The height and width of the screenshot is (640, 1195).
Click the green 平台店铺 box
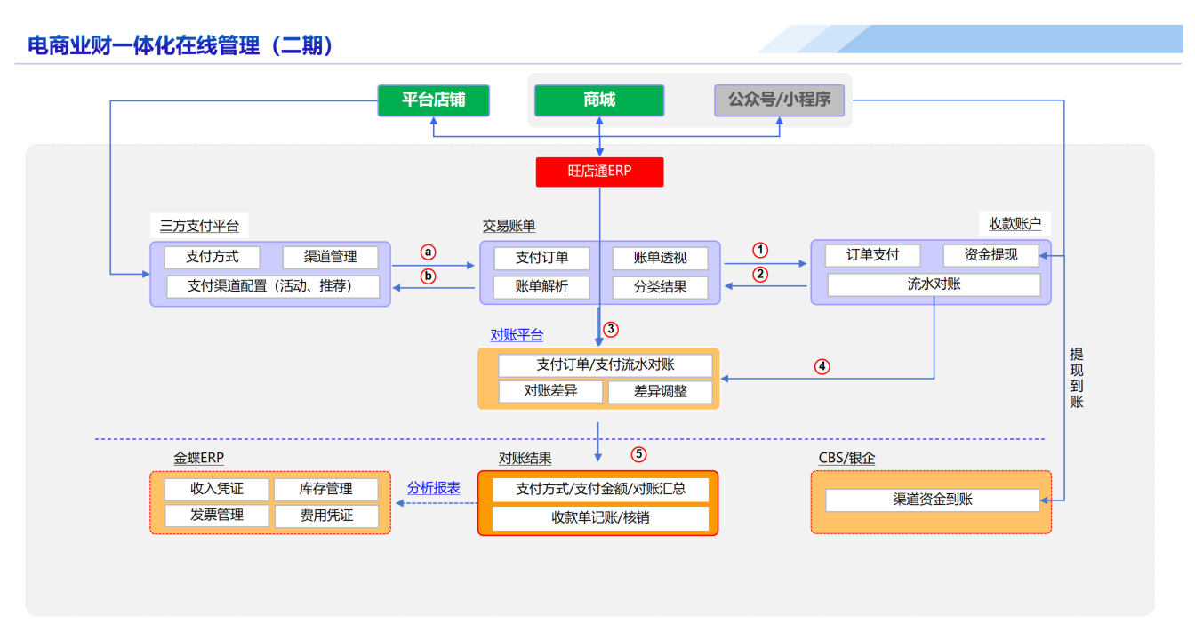click(x=433, y=100)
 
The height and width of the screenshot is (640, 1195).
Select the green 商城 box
click(x=599, y=100)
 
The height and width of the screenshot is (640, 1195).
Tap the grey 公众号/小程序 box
click(x=779, y=100)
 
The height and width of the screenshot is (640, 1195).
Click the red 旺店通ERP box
click(x=599, y=172)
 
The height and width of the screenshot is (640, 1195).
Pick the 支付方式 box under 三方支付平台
click(x=213, y=257)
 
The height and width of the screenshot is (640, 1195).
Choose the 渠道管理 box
click(x=330, y=257)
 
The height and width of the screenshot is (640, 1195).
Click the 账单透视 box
click(x=660, y=258)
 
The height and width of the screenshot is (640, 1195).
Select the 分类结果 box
click(x=660, y=287)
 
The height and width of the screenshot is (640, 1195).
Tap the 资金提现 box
click(x=991, y=255)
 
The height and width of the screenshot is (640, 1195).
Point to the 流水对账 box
click(x=934, y=284)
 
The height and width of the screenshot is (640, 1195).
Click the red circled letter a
click(x=428, y=252)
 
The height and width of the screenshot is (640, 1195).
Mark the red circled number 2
click(x=760, y=275)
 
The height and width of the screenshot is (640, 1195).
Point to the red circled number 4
click(x=822, y=365)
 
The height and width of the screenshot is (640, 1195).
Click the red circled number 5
click(x=639, y=454)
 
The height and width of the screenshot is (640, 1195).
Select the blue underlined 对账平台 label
click(x=517, y=335)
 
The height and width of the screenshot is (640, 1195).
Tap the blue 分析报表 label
click(x=434, y=488)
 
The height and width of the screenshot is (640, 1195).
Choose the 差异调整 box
click(x=660, y=391)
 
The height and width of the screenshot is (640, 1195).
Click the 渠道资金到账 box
click(x=932, y=500)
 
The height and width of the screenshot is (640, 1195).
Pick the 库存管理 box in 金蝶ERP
click(x=325, y=489)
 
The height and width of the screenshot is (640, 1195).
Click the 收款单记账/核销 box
click(x=600, y=517)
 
